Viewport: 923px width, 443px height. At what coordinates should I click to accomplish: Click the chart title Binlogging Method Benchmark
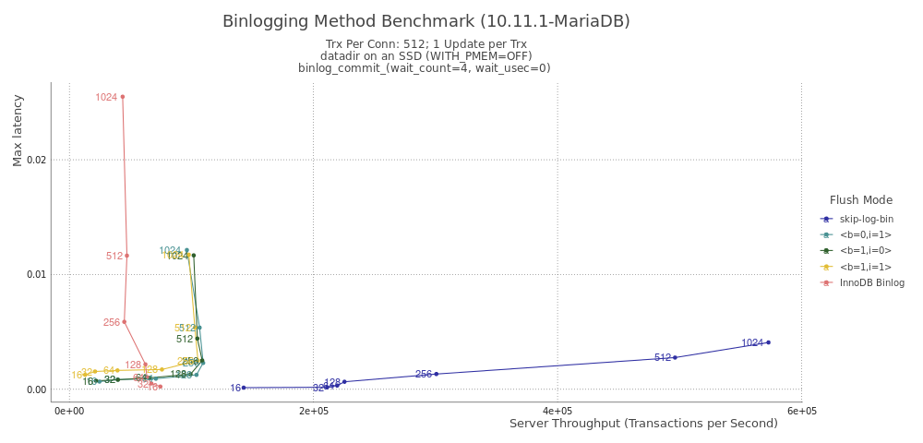coord(426,21)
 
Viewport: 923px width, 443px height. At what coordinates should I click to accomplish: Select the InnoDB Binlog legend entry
coord(871,282)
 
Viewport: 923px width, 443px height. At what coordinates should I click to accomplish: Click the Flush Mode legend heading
coord(860,199)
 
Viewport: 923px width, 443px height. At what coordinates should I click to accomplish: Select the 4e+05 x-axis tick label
coord(557,411)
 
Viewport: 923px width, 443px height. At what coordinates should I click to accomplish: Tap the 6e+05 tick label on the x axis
coord(801,411)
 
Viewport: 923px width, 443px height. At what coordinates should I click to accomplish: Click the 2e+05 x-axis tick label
coord(314,411)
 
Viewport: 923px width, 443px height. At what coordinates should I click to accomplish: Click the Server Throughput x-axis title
coord(643,424)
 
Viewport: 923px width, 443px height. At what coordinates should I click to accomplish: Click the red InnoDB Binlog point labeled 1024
coord(123,97)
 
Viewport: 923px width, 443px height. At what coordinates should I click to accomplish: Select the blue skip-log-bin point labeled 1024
coord(768,342)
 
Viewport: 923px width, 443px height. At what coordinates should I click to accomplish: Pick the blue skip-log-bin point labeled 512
coord(675,357)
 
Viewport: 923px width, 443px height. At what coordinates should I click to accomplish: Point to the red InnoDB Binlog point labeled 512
coord(126,256)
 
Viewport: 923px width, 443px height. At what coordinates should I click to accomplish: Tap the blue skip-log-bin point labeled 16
coord(244,388)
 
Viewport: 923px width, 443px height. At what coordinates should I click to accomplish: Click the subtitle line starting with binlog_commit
coord(425,67)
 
